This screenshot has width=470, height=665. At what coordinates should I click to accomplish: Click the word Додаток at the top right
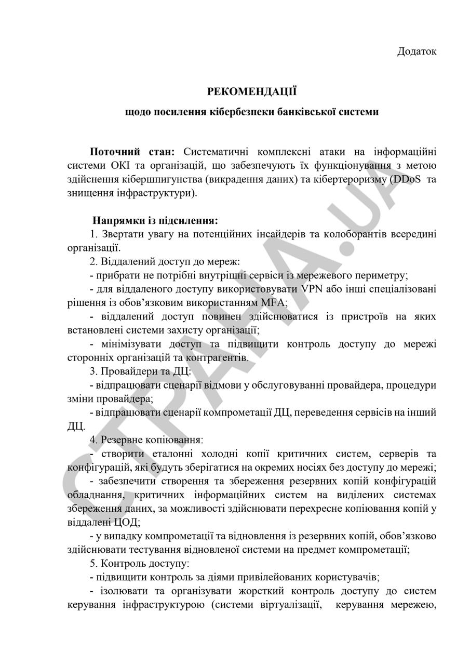(417, 51)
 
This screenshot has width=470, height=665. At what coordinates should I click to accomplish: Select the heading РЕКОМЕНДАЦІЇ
(252, 92)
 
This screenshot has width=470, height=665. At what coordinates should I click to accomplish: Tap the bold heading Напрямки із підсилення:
(155, 221)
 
